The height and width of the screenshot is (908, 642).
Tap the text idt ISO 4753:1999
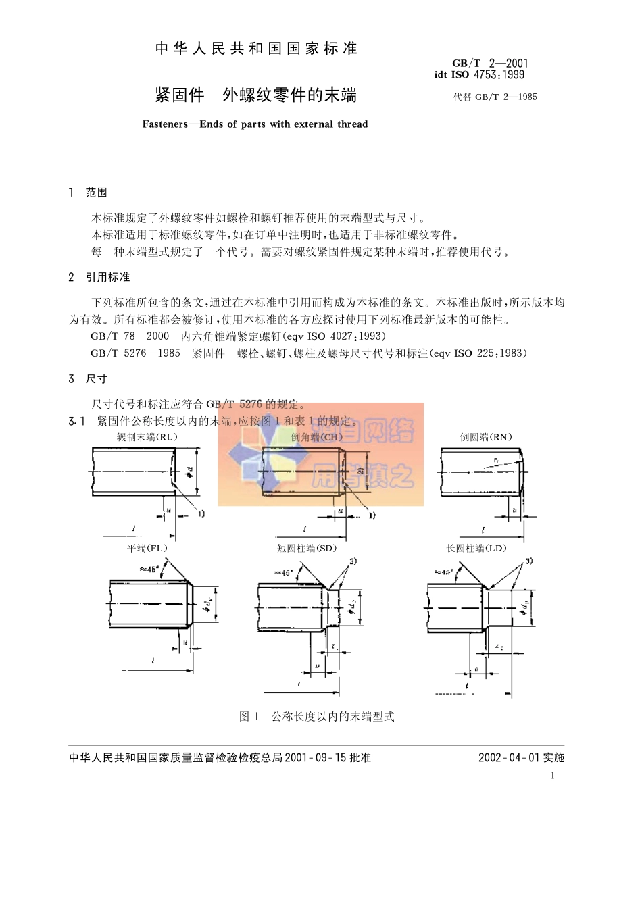tap(479, 75)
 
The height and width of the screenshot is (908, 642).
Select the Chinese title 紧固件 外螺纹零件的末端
tap(255, 95)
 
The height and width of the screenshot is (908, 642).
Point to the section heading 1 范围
tap(88, 193)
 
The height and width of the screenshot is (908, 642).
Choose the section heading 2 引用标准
tap(99, 277)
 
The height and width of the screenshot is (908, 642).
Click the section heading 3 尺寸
tap(88, 379)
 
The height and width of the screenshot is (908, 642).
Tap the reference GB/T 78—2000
tap(130, 336)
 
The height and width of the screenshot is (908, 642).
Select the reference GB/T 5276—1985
tap(135, 353)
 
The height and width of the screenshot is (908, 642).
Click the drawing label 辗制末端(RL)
tap(147, 437)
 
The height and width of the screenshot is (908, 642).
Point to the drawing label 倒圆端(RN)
tap(486, 437)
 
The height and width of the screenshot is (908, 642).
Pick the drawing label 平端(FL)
tap(147, 548)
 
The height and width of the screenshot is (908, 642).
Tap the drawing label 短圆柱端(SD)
tap(306, 548)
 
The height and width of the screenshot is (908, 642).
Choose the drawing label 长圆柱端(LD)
tap(476, 548)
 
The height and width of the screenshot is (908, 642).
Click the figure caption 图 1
tap(249, 716)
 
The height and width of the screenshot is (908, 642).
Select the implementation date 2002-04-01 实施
tap(521, 757)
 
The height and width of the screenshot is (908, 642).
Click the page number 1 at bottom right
tap(552, 776)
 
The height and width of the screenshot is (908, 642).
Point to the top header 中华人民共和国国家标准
tap(256, 49)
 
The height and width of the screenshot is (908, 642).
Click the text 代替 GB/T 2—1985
tap(495, 97)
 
